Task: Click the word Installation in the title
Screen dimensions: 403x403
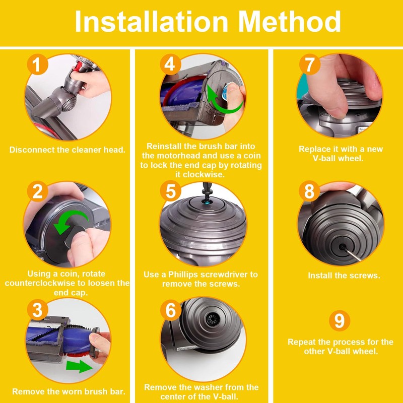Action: [x=152, y=21]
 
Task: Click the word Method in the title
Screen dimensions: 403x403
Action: [x=289, y=21]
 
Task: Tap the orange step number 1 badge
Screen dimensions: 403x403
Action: [x=37, y=64]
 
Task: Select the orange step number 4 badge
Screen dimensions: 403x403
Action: [x=170, y=64]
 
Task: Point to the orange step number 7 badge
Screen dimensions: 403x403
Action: [x=310, y=64]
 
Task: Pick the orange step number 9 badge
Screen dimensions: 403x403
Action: [x=340, y=320]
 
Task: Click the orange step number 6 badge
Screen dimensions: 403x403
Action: [x=171, y=310]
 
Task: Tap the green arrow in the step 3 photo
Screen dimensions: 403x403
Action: [x=79, y=366]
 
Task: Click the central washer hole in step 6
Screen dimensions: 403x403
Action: [x=213, y=319]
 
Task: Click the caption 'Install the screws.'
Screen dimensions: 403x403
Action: [x=344, y=276]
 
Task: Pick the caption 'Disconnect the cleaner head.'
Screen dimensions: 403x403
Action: [x=68, y=150]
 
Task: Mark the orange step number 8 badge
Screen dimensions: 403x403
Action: [x=309, y=191]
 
